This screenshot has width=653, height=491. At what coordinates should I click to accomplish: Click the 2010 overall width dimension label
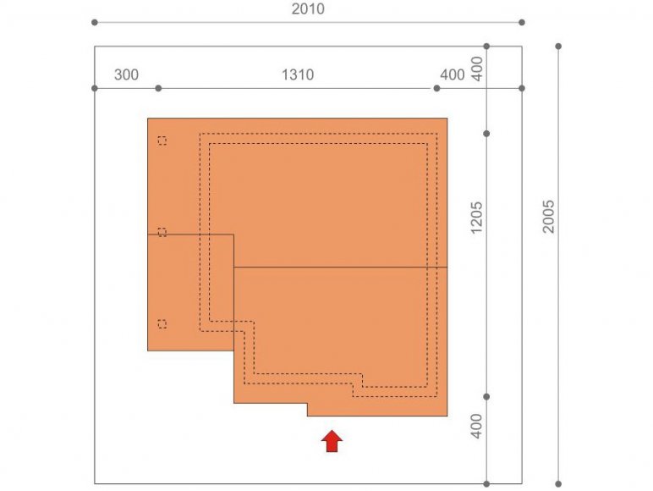tap(308, 8)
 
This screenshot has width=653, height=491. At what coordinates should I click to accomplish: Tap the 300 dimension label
tap(126, 74)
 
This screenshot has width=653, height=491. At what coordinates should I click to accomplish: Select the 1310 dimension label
tap(298, 74)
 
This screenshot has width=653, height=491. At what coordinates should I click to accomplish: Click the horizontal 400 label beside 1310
tap(453, 74)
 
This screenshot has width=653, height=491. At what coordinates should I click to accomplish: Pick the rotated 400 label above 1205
tap(476, 69)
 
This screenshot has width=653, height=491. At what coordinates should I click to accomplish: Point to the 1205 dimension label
tap(476, 218)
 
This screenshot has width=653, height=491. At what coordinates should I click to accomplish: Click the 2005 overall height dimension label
tap(548, 217)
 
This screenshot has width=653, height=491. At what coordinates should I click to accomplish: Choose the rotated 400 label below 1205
tap(476, 426)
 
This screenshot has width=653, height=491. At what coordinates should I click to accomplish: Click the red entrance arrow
tap(332, 441)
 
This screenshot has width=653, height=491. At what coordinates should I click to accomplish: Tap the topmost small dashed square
tap(162, 141)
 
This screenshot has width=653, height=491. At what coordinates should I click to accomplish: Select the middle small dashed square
tap(162, 233)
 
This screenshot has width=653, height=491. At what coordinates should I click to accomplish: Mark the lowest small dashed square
tap(162, 324)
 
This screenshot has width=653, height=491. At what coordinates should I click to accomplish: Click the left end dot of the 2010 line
tap(95, 22)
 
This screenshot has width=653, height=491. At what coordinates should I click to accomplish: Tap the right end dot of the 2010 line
tap(522, 22)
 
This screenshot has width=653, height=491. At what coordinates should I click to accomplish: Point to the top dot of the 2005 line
tap(558, 47)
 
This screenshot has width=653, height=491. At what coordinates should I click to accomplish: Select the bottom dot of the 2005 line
tap(558, 484)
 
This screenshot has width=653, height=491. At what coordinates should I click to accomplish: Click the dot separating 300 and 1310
tap(158, 88)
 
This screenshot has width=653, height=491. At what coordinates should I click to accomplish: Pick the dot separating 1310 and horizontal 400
tap(436, 88)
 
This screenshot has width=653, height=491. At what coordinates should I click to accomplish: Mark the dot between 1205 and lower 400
tap(486, 397)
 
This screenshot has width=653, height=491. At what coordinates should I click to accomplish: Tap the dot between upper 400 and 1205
tap(486, 134)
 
